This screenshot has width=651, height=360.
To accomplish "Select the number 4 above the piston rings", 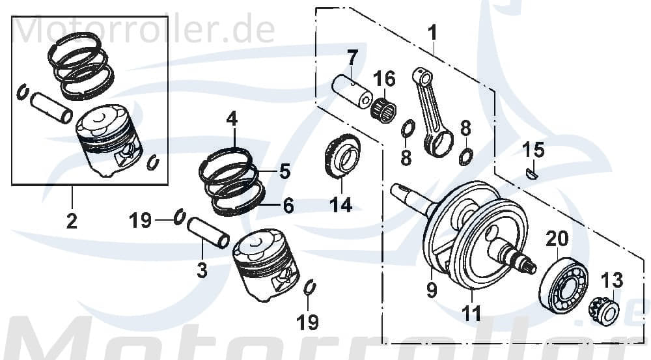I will point(232,119).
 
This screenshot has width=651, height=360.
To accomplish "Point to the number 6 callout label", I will point(287,206).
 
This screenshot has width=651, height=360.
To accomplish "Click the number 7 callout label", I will point(352,57).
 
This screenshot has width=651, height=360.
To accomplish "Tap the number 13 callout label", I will point(612,281).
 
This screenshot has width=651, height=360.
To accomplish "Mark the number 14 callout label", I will point(340,205).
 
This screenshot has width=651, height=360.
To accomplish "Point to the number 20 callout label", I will point(557,239).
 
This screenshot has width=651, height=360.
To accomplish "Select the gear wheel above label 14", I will point(342,159).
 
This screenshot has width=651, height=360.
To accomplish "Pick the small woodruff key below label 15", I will point(532,173).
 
